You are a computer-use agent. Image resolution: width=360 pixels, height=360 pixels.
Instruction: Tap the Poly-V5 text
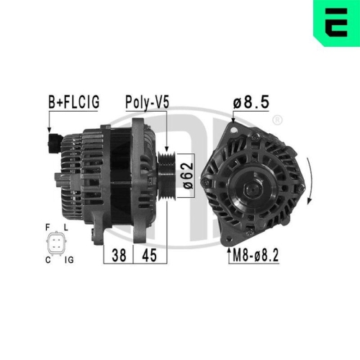pyautogui.click(x=147, y=102)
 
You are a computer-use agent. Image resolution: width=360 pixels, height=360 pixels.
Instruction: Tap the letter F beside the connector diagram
pyautogui.click(x=47, y=227)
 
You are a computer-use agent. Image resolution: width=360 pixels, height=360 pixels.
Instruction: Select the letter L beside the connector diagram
pyautogui.click(x=66, y=227)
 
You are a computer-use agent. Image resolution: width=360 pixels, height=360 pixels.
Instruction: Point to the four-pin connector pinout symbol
pyautogui.click(x=56, y=243)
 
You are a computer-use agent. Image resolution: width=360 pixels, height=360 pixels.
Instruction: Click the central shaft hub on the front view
pyautogui.click(x=251, y=189)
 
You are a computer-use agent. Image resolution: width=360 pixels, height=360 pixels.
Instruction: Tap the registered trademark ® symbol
pyautogui.click(x=277, y=120)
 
